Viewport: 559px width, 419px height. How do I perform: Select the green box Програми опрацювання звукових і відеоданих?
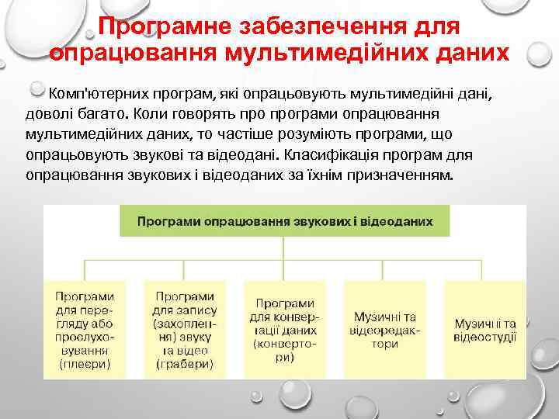tap(285, 221)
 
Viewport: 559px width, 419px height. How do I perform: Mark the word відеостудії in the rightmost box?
tap(485, 336)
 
